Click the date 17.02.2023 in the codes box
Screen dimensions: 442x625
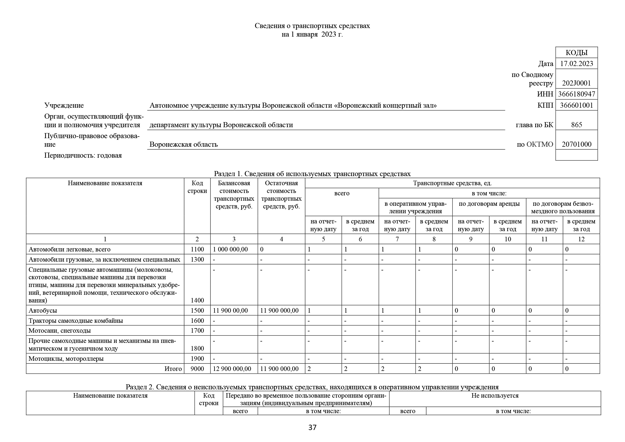click(x=576, y=64)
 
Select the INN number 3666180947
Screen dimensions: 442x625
click(x=576, y=94)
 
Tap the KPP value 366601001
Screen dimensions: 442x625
click(x=576, y=105)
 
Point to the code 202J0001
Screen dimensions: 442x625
click(x=576, y=83)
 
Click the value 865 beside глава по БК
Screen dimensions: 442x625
click(x=576, y=125)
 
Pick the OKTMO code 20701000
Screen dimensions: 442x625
click(x=576, y=144)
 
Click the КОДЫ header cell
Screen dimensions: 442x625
click(x=576, y=53)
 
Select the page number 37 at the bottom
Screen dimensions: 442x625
click(x=312, y=428)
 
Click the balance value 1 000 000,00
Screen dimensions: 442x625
click(x=230, y=249)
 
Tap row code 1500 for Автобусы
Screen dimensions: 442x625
click(x=197, y=311)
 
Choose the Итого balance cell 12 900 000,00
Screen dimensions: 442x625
click(x=232, y=369)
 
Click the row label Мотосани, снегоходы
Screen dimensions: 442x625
click(x=60, y=331)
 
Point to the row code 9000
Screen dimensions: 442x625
click(x=197, y=369)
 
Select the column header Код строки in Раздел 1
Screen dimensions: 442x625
click(x=197, y=187)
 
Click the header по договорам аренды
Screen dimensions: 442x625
click(x=489, y=204)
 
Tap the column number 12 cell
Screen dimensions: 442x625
click(x=581, y=239)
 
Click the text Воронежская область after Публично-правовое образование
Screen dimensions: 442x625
click(x=184, y=145)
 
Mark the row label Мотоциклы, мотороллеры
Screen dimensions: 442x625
click(x=66, y=359)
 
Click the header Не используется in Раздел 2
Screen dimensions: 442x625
click(x=495, y=396)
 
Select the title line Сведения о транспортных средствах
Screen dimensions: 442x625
click(x=312, y=26)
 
